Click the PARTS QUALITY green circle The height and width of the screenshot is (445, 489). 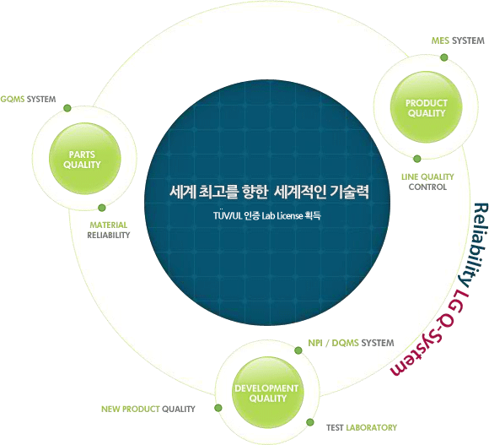(85, 159)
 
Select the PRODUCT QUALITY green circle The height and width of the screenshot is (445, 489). (427, 107)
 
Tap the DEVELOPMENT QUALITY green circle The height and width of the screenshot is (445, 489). (268, 393)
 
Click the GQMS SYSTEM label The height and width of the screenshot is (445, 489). (28, 100)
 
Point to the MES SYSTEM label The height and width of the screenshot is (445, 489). (458, 41)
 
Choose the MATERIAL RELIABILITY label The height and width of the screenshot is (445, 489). (109, 231)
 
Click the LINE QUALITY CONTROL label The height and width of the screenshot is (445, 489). (427, 182)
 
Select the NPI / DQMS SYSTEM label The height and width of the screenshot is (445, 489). (351, 343)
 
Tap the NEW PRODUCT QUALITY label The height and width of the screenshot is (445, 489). (148, 409)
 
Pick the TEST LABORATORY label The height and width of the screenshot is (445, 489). (362, 427)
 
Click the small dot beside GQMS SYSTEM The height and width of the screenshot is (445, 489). (67, 108)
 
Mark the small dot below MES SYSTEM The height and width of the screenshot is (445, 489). (444, 57)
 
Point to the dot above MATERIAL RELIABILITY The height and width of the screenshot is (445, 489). (102, 208)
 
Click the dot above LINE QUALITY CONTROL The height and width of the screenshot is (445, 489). (417, 159)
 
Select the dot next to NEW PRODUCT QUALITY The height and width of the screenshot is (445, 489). (218, 408)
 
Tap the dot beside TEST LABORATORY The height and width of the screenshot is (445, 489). (310, 422)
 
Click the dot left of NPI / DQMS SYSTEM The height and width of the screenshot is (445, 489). (298, 350)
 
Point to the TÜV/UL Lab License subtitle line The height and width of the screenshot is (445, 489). (267, 215)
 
